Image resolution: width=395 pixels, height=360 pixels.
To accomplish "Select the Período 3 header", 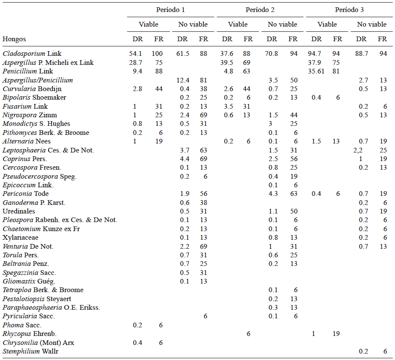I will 349,9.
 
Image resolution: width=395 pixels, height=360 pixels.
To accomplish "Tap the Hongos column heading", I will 14,39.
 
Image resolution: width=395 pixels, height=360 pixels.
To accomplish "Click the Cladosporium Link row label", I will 32,54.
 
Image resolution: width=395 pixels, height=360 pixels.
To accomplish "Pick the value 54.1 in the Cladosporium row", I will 137,54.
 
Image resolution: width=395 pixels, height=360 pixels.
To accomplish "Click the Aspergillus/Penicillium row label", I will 38,80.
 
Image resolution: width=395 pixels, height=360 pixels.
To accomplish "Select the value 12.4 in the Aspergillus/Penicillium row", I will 182,80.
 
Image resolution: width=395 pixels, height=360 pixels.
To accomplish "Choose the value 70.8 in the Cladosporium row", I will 272,54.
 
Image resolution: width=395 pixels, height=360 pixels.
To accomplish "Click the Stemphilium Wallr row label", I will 30,351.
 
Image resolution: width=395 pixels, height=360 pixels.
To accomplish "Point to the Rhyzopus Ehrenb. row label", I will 30,334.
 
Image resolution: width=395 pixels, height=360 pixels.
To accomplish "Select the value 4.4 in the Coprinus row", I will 182,159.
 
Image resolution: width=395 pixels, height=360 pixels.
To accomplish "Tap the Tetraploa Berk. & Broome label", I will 43,290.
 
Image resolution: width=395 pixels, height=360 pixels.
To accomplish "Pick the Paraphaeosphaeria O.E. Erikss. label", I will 51,308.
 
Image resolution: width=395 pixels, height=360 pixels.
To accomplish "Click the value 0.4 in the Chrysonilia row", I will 137,343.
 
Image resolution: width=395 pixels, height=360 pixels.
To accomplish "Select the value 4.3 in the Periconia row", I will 272,194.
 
